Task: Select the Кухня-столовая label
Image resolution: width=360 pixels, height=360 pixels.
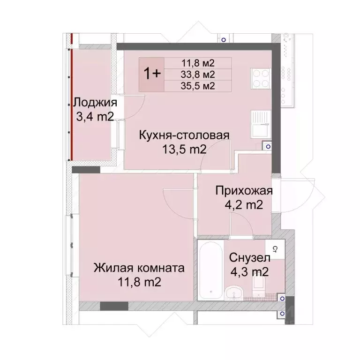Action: [x=184, y=136]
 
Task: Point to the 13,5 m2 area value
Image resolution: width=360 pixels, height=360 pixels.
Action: [x=184, y=150]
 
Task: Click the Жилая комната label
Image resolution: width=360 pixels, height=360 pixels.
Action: [x=139, y=268]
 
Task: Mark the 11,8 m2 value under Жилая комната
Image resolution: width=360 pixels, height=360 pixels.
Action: [x=139, y=282]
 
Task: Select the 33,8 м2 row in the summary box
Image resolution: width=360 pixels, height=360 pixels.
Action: [x=198, y=74]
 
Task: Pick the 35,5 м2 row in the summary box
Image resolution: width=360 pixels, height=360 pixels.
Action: [x=198, y=85]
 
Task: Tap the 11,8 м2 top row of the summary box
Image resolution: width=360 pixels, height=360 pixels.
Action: [x=198, y=62]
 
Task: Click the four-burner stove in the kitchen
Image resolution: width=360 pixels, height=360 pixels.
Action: [x=261, y=79]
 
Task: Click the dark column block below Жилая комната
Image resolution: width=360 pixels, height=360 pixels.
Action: [x=114, y=306]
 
